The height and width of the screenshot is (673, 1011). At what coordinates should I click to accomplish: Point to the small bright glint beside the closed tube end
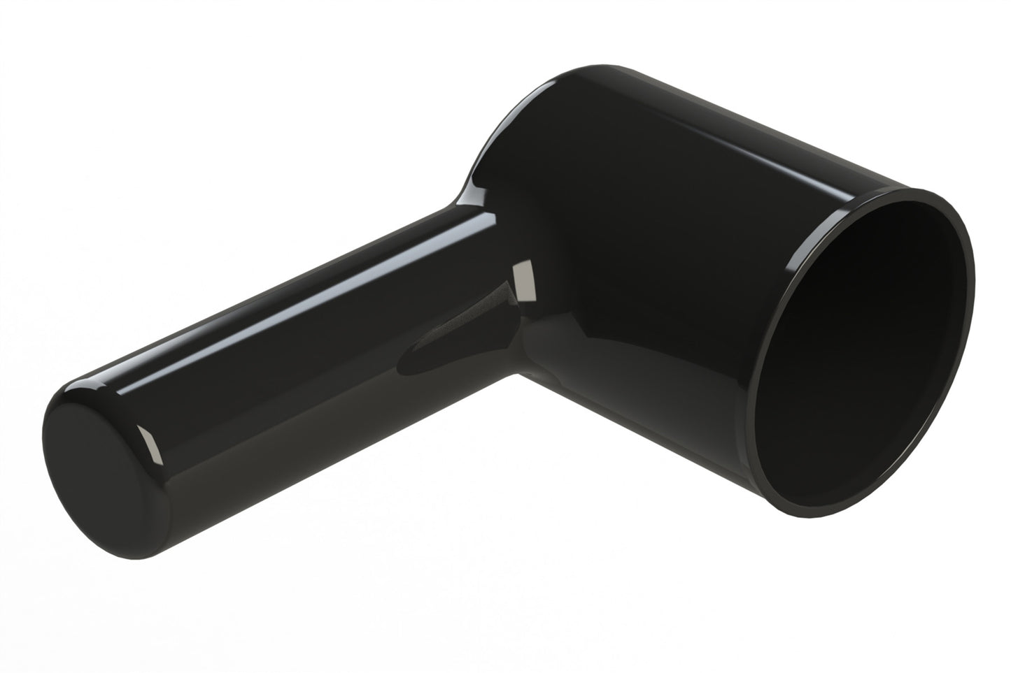[149, 443]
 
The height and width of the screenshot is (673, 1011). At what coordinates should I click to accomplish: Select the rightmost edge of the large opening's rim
[973, 280]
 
